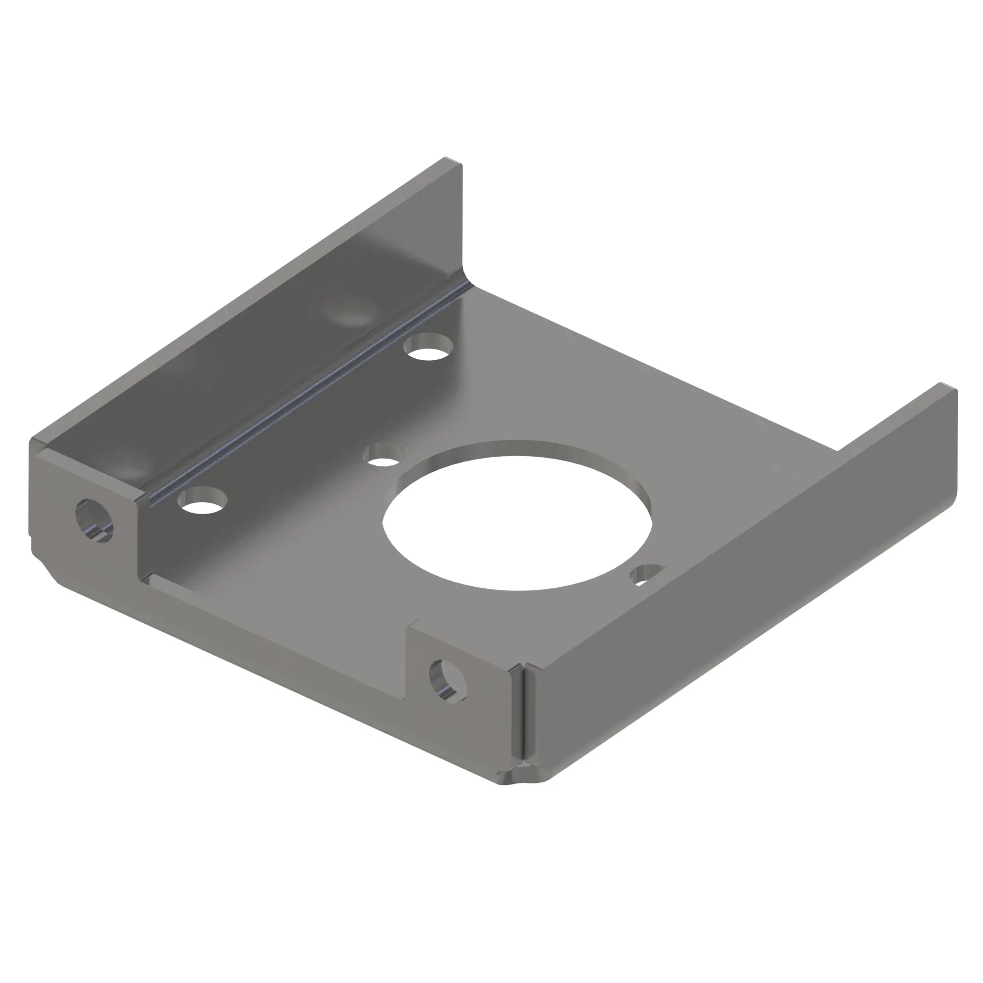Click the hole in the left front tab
pos(95,520)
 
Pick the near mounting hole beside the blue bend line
pos(202,501)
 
